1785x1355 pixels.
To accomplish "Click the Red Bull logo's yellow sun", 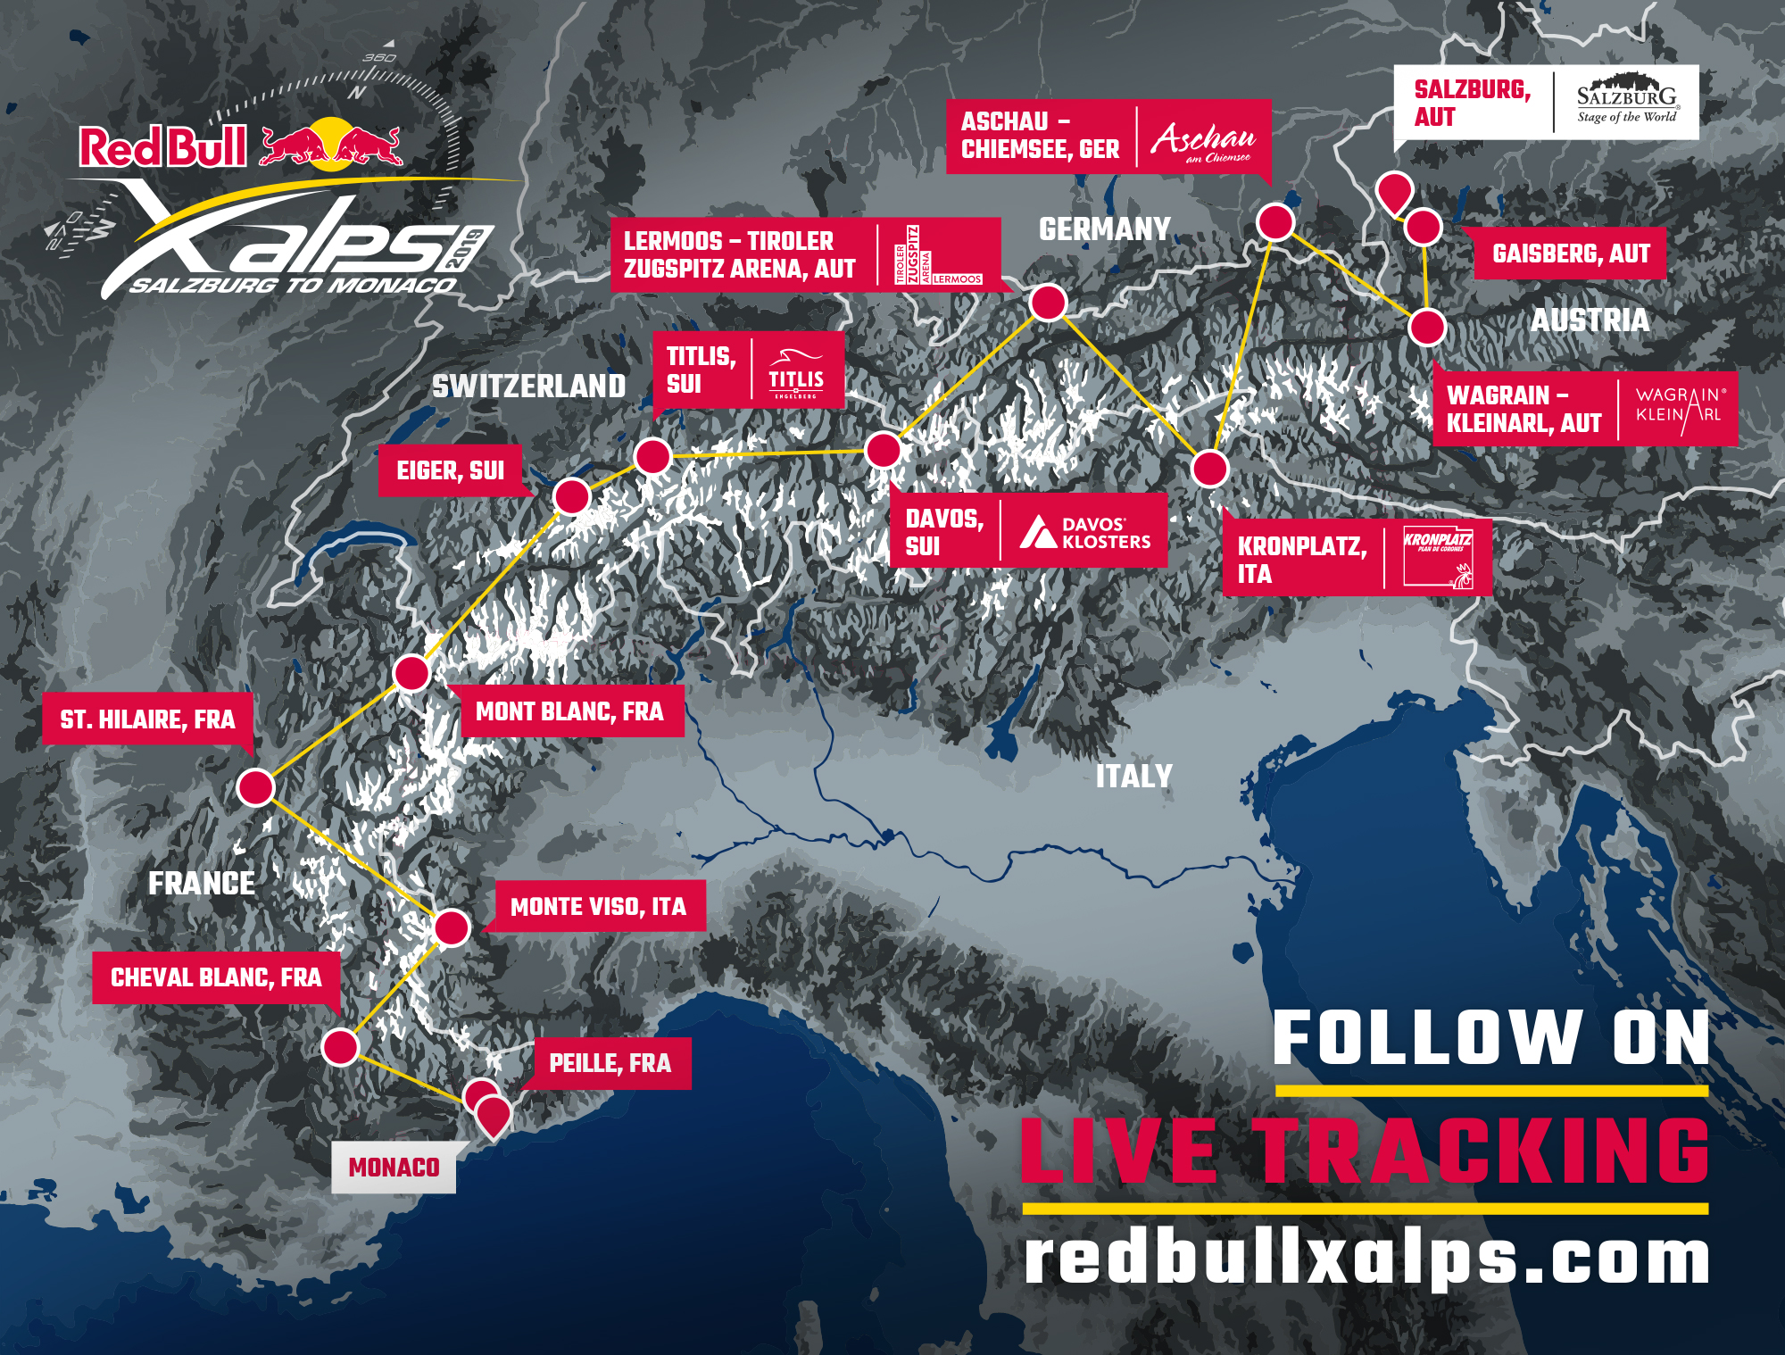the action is pyautogui.click(x=332, y=143).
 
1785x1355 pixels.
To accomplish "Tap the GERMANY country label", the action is pyautogui.click(x=1104, y=229).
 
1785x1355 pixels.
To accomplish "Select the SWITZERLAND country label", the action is pyautogui.click(x=528, y=387).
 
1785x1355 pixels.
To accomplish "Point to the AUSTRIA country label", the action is pyautogui.click(x=1590, y=320).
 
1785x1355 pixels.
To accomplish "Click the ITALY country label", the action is pyautogui.click(x=1133, y=776).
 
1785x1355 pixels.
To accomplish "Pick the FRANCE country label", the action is pyautogui.click(x=202, y=884).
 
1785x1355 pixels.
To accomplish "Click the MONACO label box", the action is pyautogui.click(x=394, y=1168).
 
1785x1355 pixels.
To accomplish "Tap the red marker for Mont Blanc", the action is pyautogui.click(x=411, y=673).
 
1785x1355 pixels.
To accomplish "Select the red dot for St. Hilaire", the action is pyautogui.click(x=255, y=787).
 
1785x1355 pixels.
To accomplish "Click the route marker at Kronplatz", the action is pyautogui.click(x=1210, y=469).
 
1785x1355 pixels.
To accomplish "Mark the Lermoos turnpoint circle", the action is pyautogui.click(x=1048, y=303).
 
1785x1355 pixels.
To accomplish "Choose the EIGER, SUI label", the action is pyautogui.click(x=450, y=470).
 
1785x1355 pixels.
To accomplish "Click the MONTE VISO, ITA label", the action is pyautogui.click(x=599, y=907).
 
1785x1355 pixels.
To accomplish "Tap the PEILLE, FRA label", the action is pyautogui.click(x=610, y=1063).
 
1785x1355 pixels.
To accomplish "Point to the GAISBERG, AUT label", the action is pyautogui.click(x=1571, y=254).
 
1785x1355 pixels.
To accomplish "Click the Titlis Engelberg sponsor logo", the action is pyautogui.click(x=796, y=371).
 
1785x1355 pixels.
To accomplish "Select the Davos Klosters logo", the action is pyautogui.click(x=1084, y=532).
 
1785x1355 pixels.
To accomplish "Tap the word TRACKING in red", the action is pyautogui.click(x=1484, y=1151).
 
